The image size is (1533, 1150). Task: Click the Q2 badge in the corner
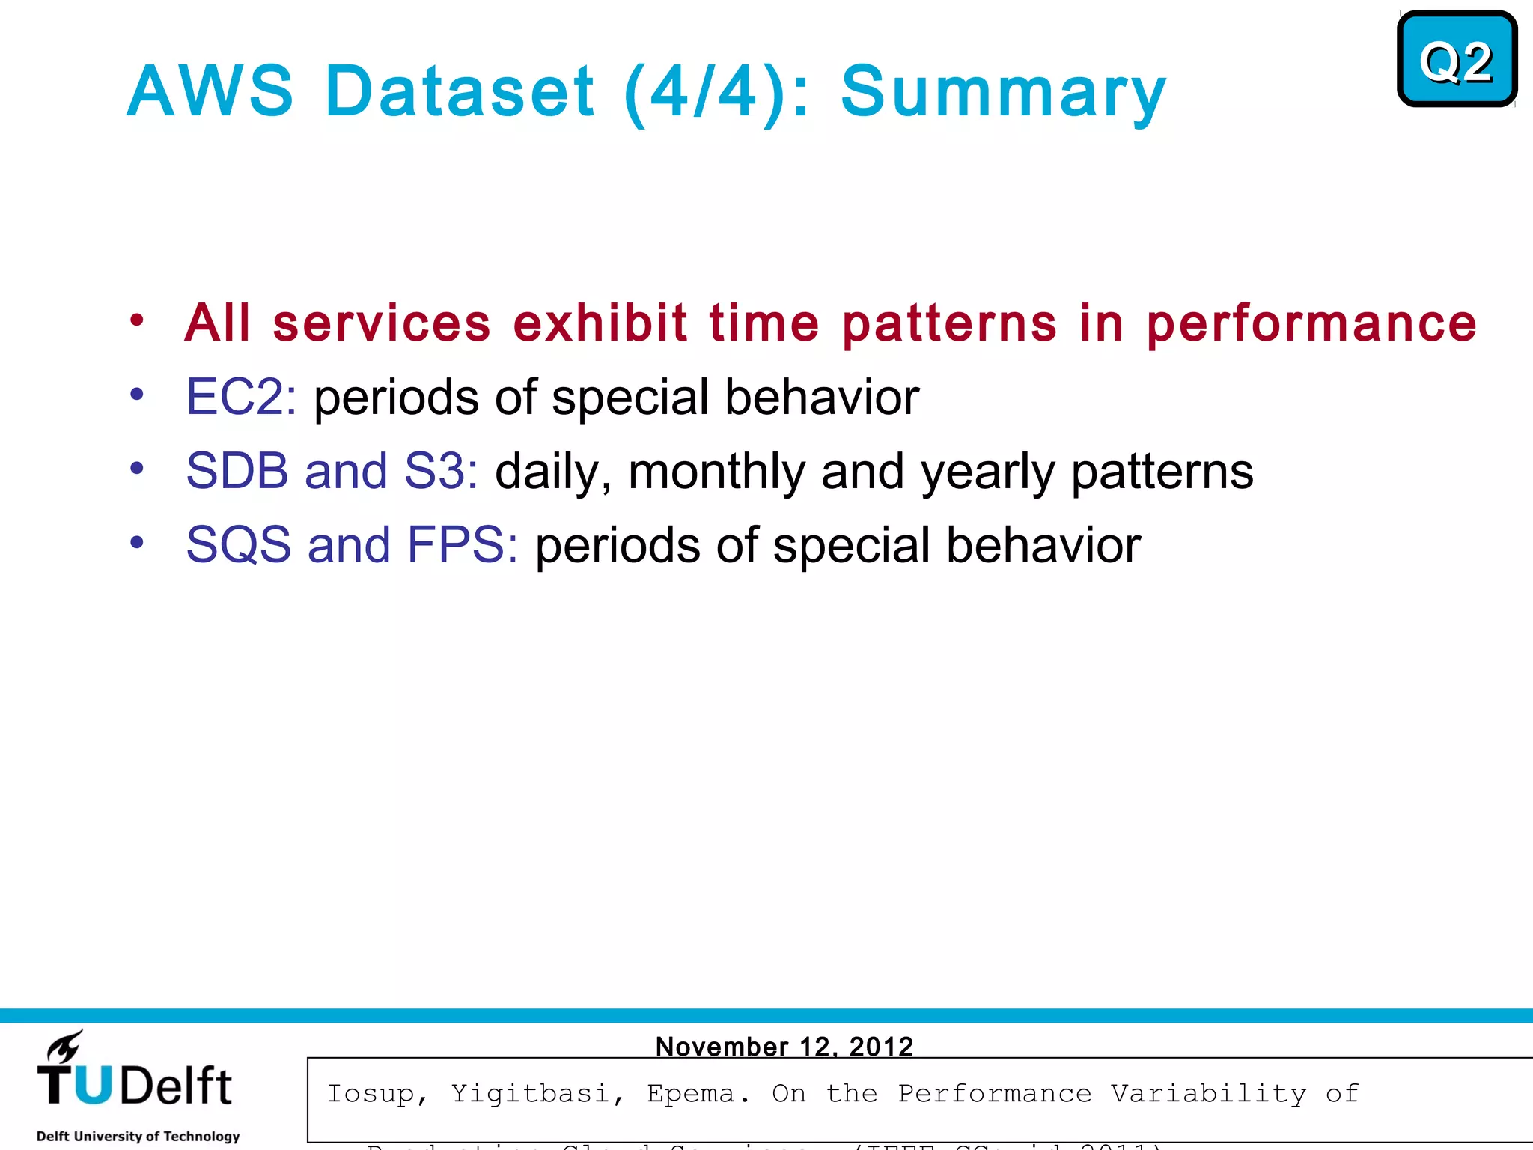click(1456, 60)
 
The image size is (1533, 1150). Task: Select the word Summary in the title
click(1003, 93)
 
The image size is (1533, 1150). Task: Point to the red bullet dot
click(136, 320)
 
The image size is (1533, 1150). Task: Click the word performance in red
click(1311, 323)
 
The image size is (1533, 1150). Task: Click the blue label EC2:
click(241, 396)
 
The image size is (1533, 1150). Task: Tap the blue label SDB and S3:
click(332, 471)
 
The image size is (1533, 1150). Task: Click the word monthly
click(716, 472)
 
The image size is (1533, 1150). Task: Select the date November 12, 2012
click(784, 1046)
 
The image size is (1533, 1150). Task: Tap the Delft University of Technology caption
click(138, 1136)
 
